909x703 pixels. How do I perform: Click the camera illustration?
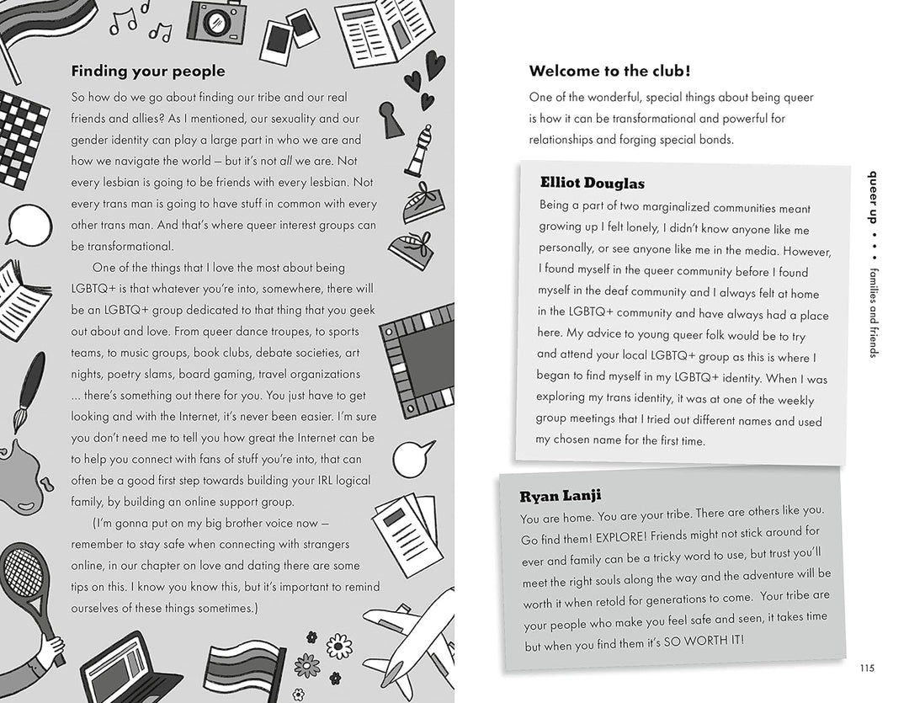(216, 21)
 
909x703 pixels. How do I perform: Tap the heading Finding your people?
(148, 72)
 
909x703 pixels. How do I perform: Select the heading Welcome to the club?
(610, 72)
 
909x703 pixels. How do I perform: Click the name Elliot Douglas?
(593, 183)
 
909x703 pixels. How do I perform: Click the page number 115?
(868, 668)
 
